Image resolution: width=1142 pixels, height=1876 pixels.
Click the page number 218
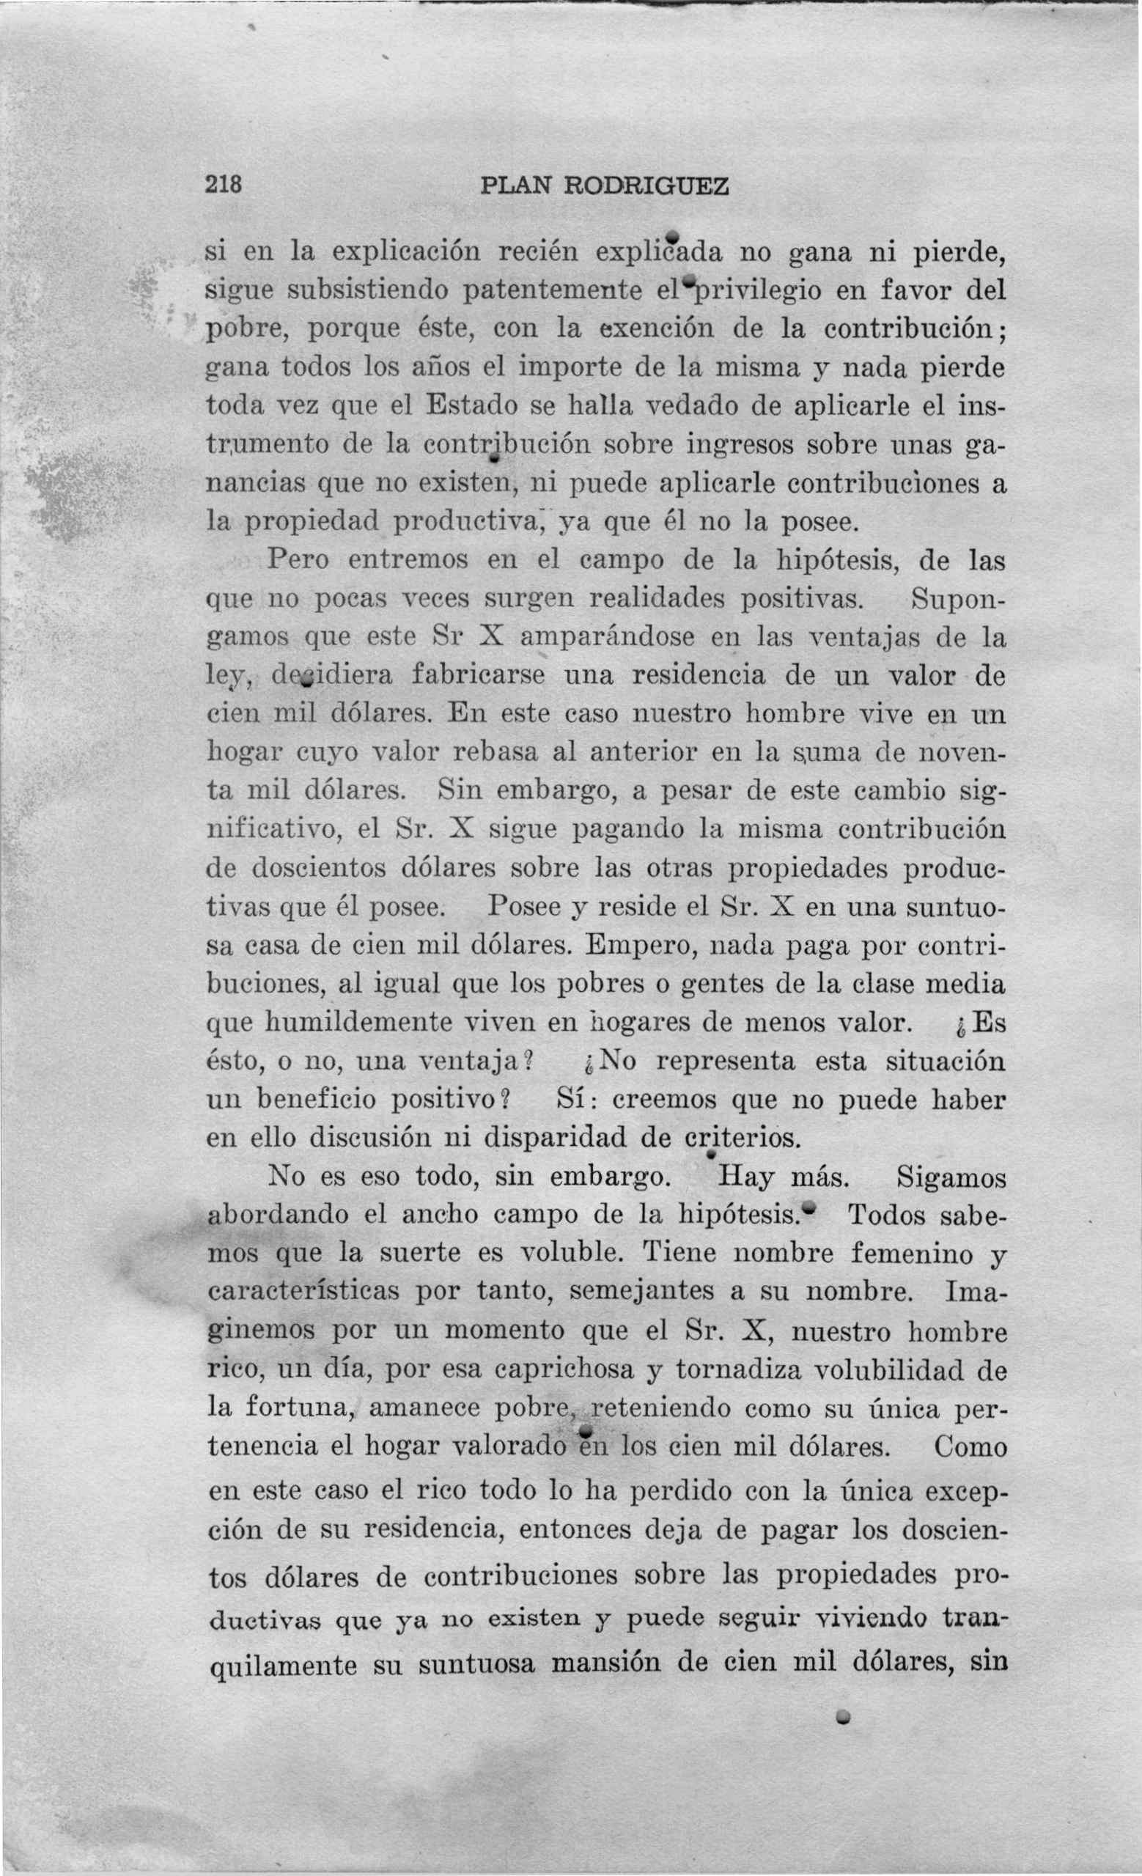[224, 185]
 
